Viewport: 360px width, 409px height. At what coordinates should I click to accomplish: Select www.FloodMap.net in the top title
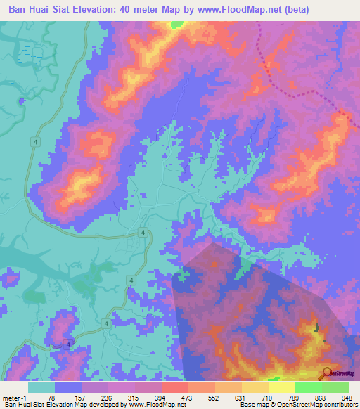coord(233,11)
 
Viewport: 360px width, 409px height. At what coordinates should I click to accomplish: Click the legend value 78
coord(51,397)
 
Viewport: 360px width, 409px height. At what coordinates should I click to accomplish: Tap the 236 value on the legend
coord(106,397)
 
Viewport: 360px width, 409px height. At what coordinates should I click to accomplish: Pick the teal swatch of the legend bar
coord(41,387)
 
